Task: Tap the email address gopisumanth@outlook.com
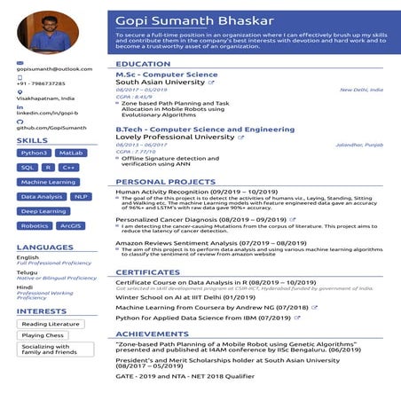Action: (x=54, y=68)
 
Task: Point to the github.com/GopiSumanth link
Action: (x=51, y=128)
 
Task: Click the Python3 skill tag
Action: (x=34, y=153)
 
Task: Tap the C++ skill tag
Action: (x=69, y=167)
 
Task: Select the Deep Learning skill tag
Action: (x=43, y=211)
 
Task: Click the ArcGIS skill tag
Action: (x=69, y=225)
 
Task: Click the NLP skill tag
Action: (x=81, y=196)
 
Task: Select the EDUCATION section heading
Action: (x=143, y=65)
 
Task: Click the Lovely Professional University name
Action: (x=166, y=137)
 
